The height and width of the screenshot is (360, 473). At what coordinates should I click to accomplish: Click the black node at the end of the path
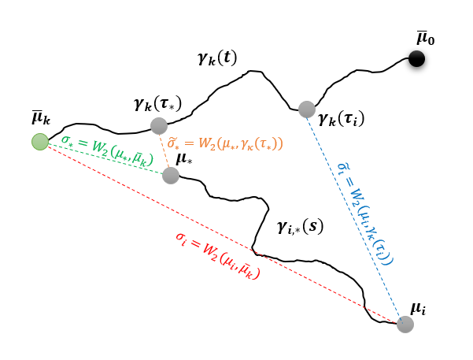(x=416, y=58)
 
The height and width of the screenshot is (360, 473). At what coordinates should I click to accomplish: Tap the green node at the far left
(x=40, y=142)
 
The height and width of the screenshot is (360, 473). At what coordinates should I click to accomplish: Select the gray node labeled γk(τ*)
(x=159, y=125)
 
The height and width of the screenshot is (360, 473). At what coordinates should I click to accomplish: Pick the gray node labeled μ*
(x=170, y=175)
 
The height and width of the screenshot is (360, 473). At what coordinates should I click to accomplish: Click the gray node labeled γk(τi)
(x=307, y=109)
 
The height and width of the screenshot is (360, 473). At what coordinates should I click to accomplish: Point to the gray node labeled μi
(x=405, y=324)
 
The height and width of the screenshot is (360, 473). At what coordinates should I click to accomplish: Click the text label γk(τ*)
(x=157, y=103)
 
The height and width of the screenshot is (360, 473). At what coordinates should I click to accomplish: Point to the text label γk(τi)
(x=341, y=120)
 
